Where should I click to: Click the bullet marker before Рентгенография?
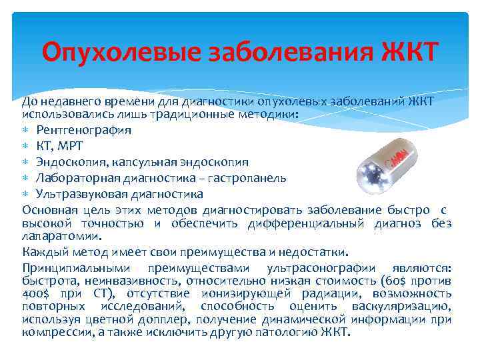click(26, 131)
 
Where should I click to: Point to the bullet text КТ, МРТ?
click(59, 146)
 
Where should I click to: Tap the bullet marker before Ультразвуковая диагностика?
click(26, 195)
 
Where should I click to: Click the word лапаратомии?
click(61, 235)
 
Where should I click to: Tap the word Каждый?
click(41, 252)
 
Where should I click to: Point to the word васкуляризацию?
click(403, 306)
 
